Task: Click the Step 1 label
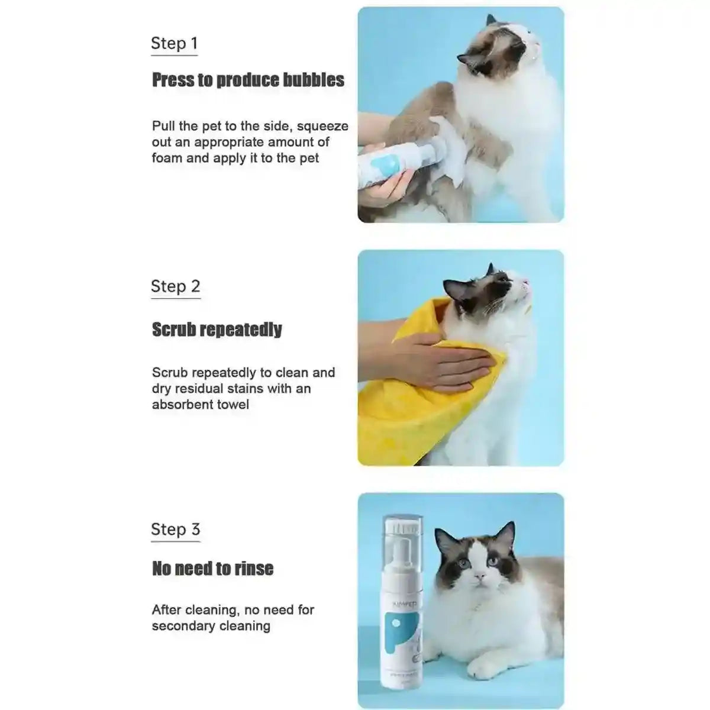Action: click(174, 43)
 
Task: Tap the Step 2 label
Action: click(175, 286)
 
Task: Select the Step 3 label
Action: click(175, 530)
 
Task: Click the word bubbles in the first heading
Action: click(313, 80)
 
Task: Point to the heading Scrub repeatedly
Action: click(217, 330)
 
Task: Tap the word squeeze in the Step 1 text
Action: click(322, 126)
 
